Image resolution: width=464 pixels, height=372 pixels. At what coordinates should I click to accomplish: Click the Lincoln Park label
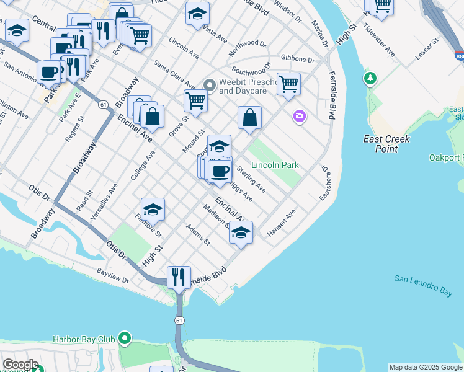point(275,165)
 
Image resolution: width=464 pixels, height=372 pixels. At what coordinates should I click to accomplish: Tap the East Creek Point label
point(386,144)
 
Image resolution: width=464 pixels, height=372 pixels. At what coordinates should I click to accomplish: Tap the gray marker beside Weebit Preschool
point(210,84)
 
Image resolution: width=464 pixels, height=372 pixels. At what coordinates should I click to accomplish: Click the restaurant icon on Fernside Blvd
point(179,277)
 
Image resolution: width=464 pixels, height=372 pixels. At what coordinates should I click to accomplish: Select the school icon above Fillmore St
point(153,209)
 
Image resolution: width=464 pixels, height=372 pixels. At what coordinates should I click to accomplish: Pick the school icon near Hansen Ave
point(241,232)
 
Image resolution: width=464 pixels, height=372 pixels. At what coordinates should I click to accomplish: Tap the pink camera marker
point(300,117)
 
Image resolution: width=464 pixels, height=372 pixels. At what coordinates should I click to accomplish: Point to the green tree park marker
point(370,78)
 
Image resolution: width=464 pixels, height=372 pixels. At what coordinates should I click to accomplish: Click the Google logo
point(20,365)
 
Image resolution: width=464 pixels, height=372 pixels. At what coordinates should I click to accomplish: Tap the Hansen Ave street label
point(282,223)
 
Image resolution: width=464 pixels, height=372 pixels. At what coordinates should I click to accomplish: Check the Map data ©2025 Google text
point(426,367)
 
